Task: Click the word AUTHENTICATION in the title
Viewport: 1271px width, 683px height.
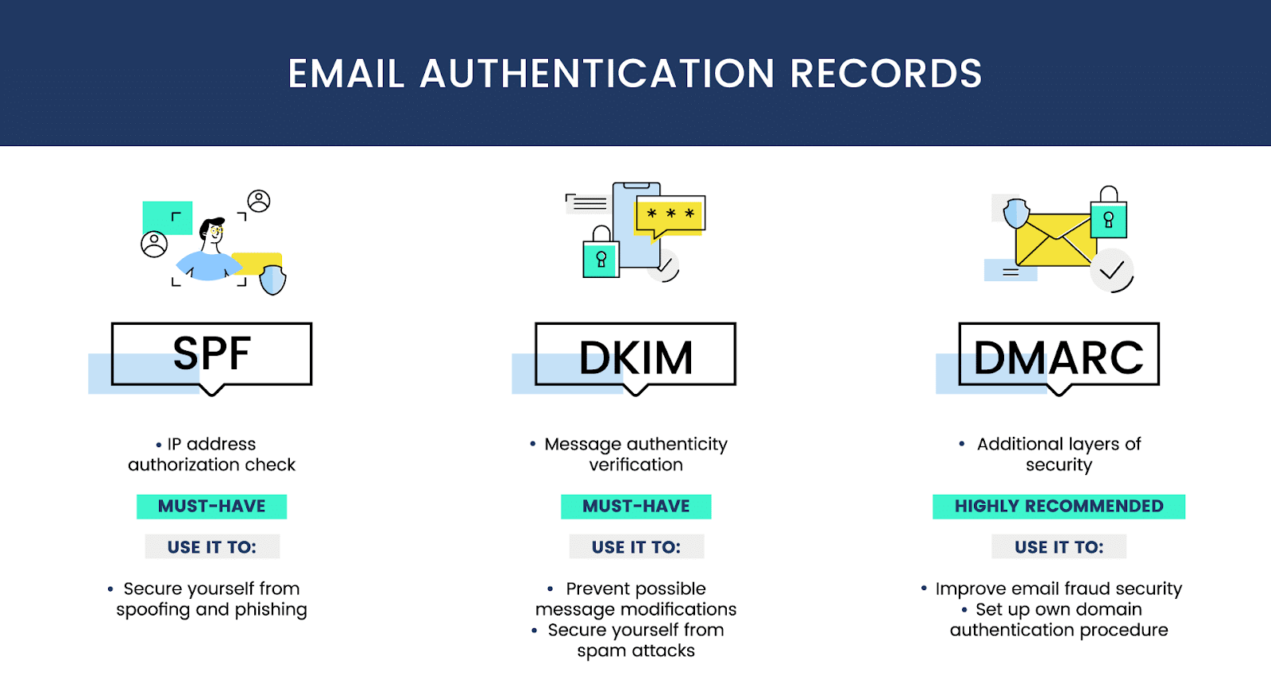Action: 597,74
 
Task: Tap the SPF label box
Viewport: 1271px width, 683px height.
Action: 211,354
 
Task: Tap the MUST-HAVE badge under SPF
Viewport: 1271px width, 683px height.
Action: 211,507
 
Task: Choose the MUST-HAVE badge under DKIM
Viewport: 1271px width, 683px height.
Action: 635,507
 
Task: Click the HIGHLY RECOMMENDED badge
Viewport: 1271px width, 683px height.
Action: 1059,507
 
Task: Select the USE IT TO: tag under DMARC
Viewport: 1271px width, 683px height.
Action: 1059,547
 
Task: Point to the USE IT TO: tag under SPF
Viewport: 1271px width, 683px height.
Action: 212,547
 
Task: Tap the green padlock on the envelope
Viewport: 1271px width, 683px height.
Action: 1109,217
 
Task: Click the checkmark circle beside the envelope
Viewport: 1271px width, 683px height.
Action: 1111,271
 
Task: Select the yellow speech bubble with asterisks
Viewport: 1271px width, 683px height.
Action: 670,215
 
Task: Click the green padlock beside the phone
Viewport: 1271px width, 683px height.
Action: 601,256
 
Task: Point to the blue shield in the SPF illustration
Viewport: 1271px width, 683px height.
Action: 273,280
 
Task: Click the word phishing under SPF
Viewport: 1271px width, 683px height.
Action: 270,610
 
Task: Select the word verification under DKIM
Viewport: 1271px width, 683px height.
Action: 635,465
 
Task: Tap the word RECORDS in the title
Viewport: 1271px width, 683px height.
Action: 886,74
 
